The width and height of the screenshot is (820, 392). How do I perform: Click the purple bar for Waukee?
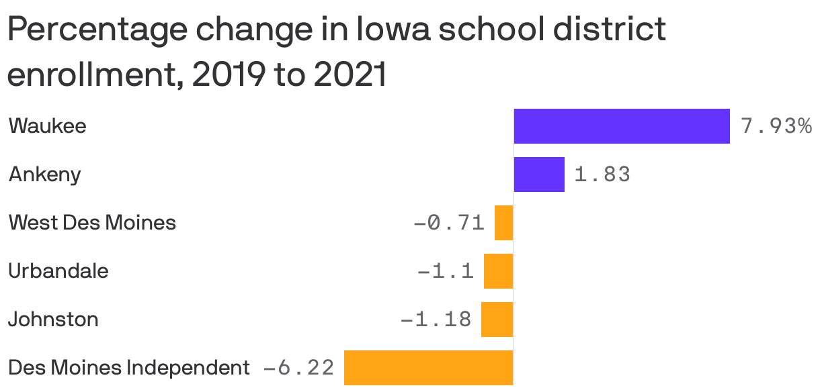(622, 126)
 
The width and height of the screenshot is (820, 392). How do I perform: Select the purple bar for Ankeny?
(539, 175)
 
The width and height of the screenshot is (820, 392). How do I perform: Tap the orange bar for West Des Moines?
(504, 223)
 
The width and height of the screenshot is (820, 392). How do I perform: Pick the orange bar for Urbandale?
(499, 271)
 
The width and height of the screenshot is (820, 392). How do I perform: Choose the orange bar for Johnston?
(497, 320)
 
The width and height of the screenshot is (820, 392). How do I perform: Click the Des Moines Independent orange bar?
(429, 368)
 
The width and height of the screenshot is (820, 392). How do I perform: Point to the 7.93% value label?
(776, 126)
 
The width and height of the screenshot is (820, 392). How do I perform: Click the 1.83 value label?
(602, 175)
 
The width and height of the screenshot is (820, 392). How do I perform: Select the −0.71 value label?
(448, 223)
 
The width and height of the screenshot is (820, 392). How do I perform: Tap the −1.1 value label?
(446, 271)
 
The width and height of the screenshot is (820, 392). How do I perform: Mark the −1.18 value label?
(436, 320)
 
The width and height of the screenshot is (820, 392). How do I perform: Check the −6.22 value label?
(298, 368)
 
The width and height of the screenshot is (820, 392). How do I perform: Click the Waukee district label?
(48, 126)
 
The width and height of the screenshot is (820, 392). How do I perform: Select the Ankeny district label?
(45, 175)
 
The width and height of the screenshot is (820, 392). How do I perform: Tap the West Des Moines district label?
(92, 223)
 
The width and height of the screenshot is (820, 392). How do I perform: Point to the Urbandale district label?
(58, 271)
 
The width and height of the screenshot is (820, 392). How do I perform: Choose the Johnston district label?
(53, 320)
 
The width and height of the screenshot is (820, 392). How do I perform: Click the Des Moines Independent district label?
(129, 368)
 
